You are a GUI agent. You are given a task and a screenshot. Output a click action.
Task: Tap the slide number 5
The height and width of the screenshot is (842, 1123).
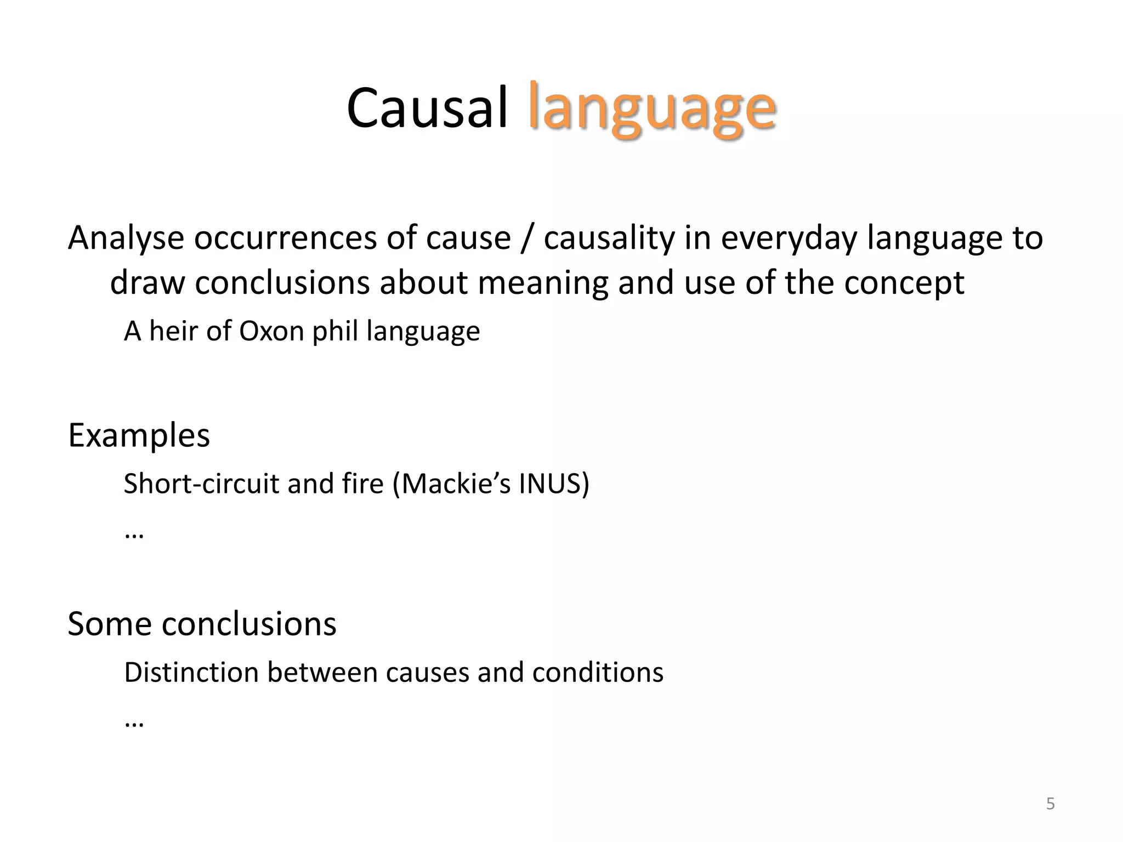pos(1050,804)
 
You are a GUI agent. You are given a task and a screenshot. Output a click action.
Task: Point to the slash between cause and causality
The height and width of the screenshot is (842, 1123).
pos(526,239)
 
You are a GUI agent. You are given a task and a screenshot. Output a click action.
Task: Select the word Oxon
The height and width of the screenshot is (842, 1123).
pos(271,331)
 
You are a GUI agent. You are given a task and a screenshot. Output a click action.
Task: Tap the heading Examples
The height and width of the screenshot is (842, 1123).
pos(139,435)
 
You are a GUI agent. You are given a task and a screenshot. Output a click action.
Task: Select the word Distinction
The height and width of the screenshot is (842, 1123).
pos(191,672)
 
